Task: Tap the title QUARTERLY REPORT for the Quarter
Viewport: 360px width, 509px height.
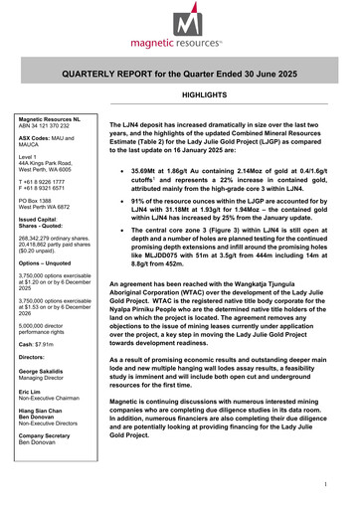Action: pos(179,75)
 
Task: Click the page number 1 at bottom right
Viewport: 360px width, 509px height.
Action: pos(339,484)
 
